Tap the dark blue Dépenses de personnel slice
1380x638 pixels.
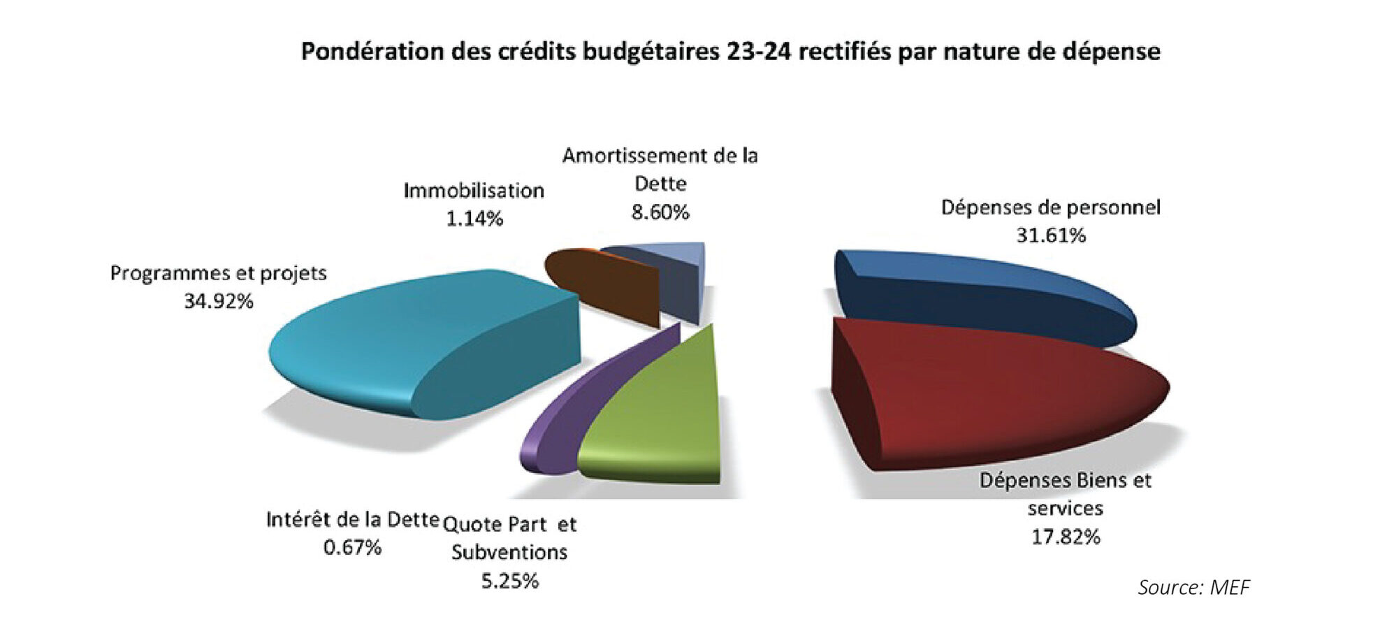(x=978, y=293)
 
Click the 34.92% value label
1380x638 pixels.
(x=219, y=301)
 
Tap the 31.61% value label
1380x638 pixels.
(x=1051, y=235)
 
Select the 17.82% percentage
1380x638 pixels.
(x=1066, y=537)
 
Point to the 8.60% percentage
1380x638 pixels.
(x=660, y=212)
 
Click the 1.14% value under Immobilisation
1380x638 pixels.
(x=474, y=219)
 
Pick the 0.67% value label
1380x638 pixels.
(x=352, y=547)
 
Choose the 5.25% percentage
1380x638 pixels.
(x=510, y=581)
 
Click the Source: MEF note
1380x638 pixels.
(x=1193, y=587)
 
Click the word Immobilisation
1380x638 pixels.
(x=474, y=190)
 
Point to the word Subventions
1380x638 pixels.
(x=509, y=552)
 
